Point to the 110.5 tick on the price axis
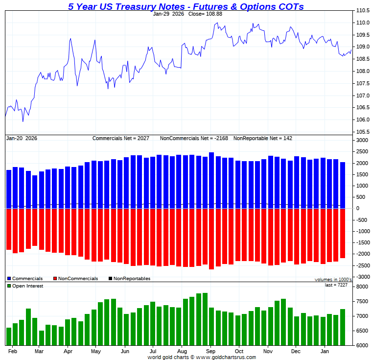pos(362,11)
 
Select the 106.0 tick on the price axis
pos(362,120)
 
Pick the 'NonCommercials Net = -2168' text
pos(194,139)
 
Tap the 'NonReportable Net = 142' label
pos(263,139)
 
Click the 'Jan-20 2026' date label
pos(22,139)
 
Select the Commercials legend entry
pos(24,279)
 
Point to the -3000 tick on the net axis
pos(362,277)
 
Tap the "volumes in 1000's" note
pos(333,280)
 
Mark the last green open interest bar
pos(343,327)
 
